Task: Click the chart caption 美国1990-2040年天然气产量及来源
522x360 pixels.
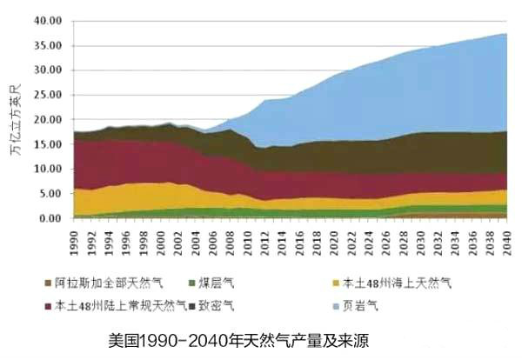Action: click(239, 339)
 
